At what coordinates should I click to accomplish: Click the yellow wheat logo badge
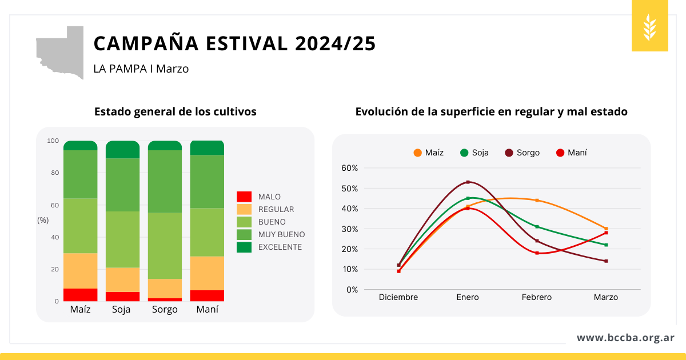[x=650, y=27]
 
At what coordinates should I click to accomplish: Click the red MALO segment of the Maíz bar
[x=81, y=295]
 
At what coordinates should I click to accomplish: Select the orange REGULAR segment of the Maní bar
[x=207, y=273]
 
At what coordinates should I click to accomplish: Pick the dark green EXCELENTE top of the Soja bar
[x=122, y=150]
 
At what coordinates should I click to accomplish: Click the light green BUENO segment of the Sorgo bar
[x=165, y=246]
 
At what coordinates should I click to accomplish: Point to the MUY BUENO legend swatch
[x=244, y=234]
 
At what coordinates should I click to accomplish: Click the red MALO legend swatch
[x=244, y=197]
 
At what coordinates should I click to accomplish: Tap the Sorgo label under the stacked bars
[x=165, y=310]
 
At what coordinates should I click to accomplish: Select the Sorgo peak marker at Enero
[x=468, y=182]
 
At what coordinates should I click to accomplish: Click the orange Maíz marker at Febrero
[x=537, y=201]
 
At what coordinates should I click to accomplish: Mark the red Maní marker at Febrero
[x=537, y=253]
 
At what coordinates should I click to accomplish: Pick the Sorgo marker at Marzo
[x=606, y=261]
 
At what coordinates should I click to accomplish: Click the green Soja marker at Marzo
[x=606, y=245]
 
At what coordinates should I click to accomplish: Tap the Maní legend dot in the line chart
[x=560, y=153]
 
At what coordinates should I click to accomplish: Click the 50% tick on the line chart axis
[x=349, y=189]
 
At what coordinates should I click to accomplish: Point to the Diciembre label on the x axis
[x=398, y=297]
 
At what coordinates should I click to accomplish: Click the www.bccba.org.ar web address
[x=625, y=338]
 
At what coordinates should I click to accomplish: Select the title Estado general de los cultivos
[x=176, y=112]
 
